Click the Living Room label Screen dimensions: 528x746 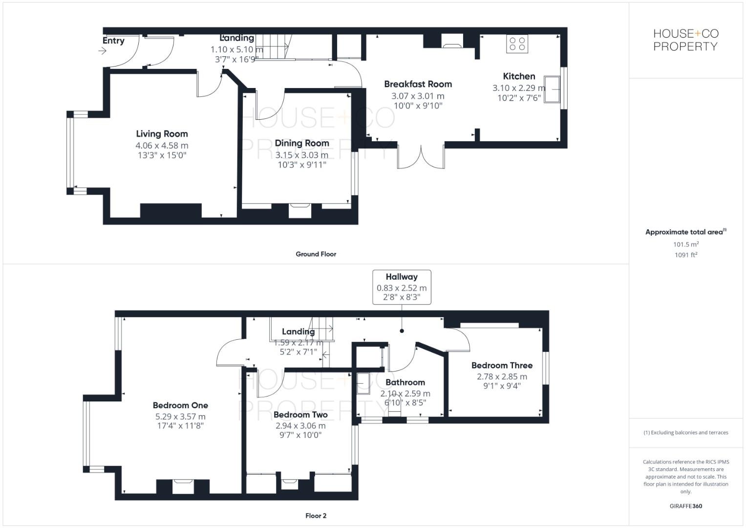162,134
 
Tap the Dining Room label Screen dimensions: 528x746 301,143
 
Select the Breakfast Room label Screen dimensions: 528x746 418,84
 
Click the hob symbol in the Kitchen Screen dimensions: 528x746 517,44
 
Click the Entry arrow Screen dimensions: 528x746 103,50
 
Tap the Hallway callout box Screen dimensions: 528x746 402,287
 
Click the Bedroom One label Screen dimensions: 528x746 180,405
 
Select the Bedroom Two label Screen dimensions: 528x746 300,415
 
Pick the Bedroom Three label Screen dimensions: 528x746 502,365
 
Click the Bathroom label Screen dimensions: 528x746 405,382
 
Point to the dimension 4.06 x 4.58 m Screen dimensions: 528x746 162,146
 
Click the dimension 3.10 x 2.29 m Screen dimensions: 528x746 519,88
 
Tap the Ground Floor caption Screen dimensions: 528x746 316,254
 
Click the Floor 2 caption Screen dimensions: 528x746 316,516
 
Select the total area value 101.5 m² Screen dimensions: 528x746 685,244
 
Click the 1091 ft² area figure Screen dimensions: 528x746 685,255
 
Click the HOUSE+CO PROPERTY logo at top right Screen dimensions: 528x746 685,40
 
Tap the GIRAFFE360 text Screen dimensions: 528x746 685,506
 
